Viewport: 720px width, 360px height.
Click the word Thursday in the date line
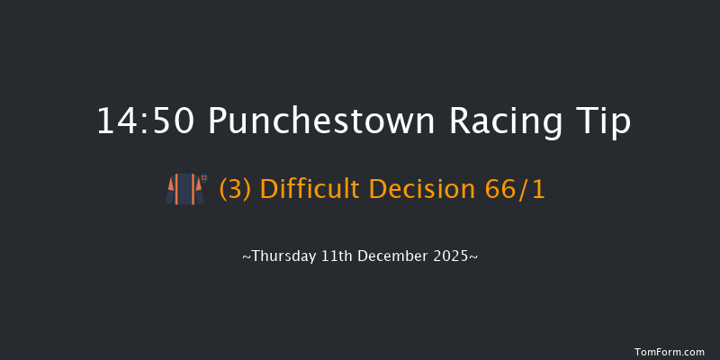[x=283, y=256]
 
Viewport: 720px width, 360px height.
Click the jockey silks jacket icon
[x=184, y=189]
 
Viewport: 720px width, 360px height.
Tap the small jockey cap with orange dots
[x=204, y=177]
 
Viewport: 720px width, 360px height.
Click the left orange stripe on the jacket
[x=179, y=189]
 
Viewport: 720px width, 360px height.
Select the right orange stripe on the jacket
[x=190, y=189]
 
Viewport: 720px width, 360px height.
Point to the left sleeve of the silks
[x=170, y=192]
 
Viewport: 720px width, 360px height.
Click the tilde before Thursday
[x=247, y=256]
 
